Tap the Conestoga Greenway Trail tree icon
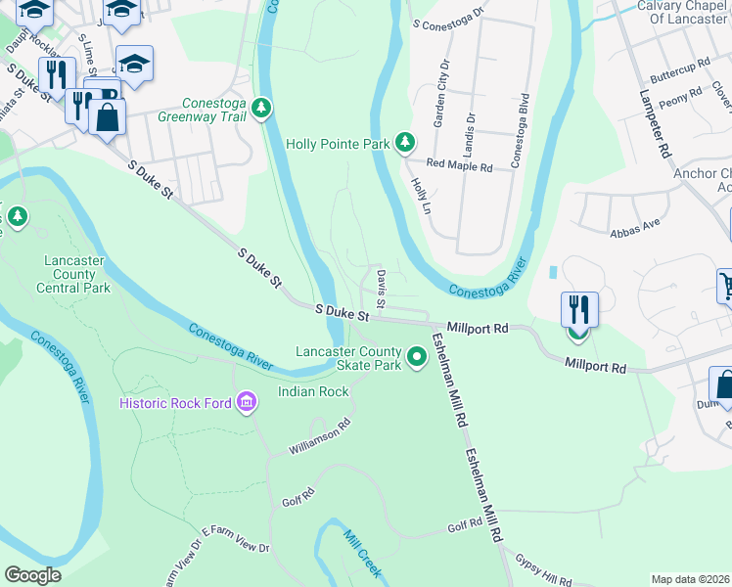pos(261,107)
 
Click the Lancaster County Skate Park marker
pos(418,358)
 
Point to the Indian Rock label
pos(313,391)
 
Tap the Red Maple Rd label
pos(457,167)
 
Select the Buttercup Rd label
pos(679,75)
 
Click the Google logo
pos(32,575)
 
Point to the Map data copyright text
pos(690,579)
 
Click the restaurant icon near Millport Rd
pos(579,310)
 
